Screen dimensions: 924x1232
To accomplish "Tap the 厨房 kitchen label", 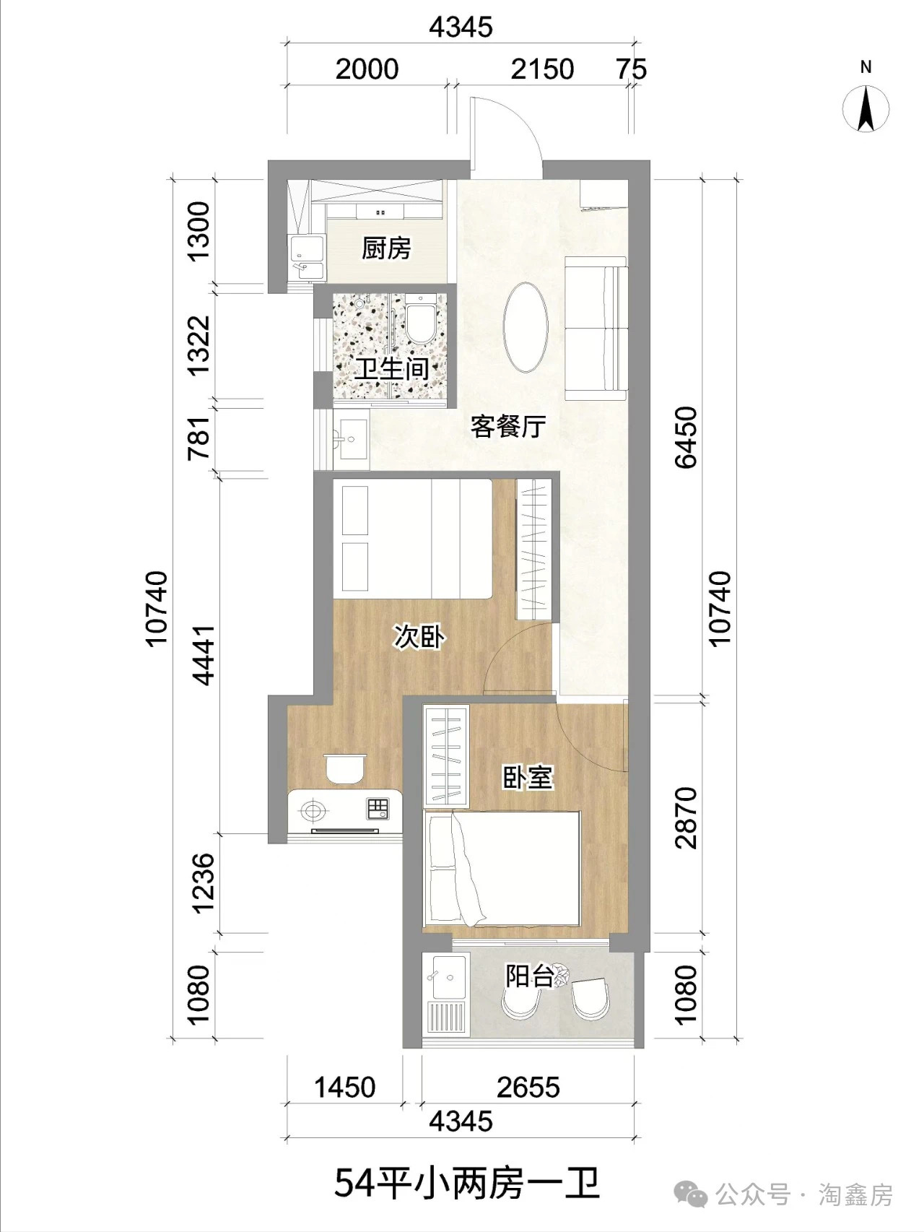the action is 386,248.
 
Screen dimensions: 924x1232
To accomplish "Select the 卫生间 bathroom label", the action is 391,369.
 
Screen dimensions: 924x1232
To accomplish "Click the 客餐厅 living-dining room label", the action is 507,426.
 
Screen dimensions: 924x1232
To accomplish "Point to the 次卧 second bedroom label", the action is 419,637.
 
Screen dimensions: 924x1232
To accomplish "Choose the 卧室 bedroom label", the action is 528,777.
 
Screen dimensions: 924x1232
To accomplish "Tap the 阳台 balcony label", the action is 529,976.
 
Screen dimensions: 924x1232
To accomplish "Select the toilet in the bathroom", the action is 419,321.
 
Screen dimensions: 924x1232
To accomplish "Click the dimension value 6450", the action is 687,437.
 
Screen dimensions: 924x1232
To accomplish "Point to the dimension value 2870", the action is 687,817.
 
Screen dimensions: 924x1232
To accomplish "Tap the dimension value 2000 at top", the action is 367,69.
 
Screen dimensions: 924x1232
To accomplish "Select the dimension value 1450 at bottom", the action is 345,1087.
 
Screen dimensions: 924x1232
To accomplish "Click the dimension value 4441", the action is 204,654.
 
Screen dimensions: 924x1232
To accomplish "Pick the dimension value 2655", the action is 528,1087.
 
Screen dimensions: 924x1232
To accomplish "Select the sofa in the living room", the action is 596,328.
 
